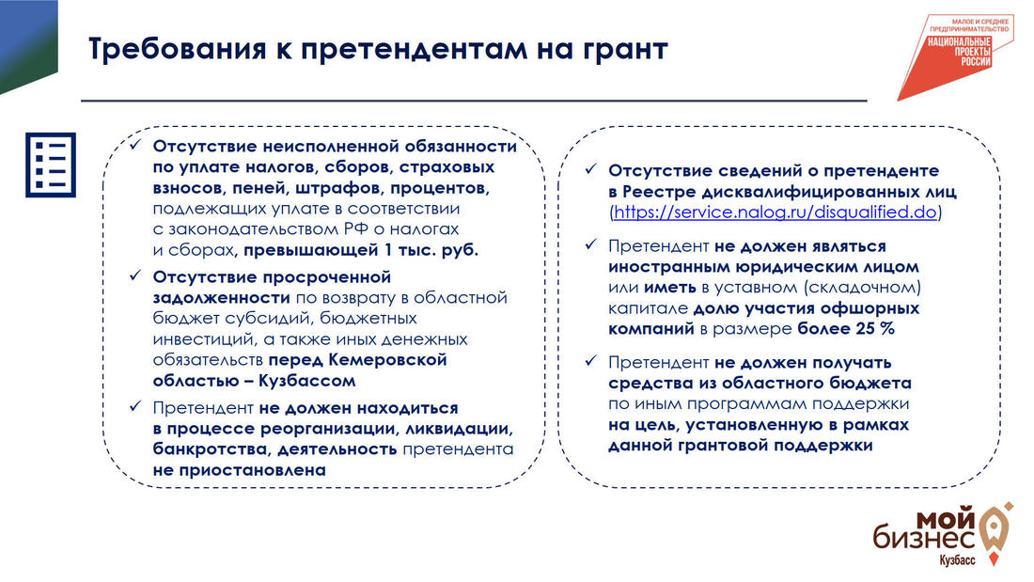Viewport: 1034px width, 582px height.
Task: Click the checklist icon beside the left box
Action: (51, 165)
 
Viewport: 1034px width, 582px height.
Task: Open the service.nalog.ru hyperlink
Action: (775, 212)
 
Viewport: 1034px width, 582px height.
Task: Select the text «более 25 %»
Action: (846, 329)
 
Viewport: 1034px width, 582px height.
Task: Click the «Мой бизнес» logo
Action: (943, 535)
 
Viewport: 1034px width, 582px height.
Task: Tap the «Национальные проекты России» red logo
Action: (956, 56)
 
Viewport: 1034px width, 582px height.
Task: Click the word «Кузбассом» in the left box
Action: (306, 381)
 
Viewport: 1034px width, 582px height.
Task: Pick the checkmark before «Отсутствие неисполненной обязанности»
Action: (135, 145)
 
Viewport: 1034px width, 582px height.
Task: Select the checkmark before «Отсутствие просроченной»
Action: (135, 275)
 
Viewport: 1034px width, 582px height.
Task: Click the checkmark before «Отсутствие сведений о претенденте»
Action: (591, 169)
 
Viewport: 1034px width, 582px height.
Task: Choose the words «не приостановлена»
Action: (240, 470)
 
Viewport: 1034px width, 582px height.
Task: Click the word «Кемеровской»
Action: (387, 359)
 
